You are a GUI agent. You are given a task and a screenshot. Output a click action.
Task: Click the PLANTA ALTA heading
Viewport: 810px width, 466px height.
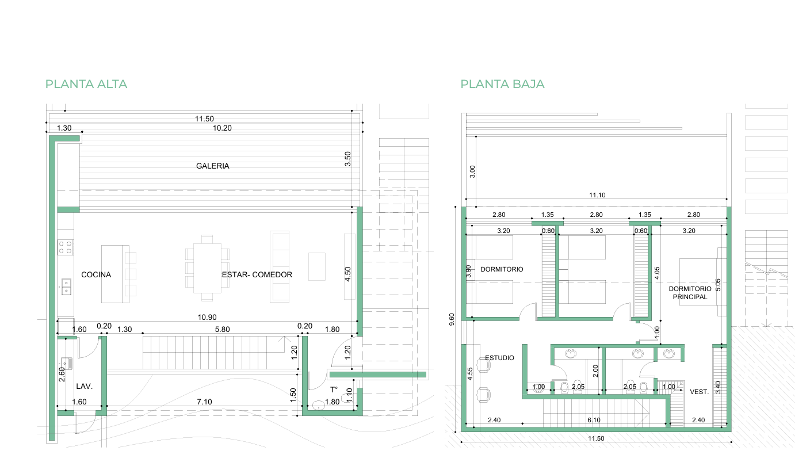coord(86,84)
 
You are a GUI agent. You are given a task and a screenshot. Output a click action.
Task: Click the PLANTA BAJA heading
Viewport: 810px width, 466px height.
coord(502,84)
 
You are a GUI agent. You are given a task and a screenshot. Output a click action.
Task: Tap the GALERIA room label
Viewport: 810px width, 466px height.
coord(213,166)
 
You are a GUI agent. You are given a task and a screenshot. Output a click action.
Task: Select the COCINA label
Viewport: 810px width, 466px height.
coord(96,275)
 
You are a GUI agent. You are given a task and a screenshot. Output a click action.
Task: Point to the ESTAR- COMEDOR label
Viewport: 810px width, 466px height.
coord(257,275)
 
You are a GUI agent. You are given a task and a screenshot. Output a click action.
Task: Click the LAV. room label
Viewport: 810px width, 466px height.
coord(84,387)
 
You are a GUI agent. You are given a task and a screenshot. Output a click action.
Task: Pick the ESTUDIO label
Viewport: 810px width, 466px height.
coord(499,358)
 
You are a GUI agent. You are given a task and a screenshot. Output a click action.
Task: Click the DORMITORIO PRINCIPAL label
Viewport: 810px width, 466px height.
coord(690,293)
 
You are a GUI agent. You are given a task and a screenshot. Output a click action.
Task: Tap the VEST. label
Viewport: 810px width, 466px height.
coord(699,392)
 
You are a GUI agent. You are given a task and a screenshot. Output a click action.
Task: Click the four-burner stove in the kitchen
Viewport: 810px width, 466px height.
coord(66,247)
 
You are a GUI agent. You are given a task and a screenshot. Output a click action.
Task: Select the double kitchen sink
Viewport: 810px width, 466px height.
coord(66,287)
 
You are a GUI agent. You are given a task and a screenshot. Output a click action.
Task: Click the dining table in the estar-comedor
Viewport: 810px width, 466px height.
coord(207,268)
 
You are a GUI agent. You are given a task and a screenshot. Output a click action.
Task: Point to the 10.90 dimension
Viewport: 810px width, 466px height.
coord(207,318)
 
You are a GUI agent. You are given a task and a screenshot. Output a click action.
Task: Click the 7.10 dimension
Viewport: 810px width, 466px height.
coord(204,402)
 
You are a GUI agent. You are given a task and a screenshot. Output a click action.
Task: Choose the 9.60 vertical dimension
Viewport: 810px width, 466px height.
coord(452,319)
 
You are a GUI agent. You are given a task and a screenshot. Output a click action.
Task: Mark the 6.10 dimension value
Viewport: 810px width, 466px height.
coord(594,420)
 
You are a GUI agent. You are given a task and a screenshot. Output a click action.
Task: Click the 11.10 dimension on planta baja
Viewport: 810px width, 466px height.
coord(597,195)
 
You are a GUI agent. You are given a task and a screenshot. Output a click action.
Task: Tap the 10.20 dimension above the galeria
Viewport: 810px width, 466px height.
coord(222,128)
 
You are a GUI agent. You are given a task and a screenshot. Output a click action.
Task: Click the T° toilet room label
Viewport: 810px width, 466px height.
coord(334,389)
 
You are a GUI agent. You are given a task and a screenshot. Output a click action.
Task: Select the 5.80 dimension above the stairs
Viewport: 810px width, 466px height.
coord(223,329)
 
